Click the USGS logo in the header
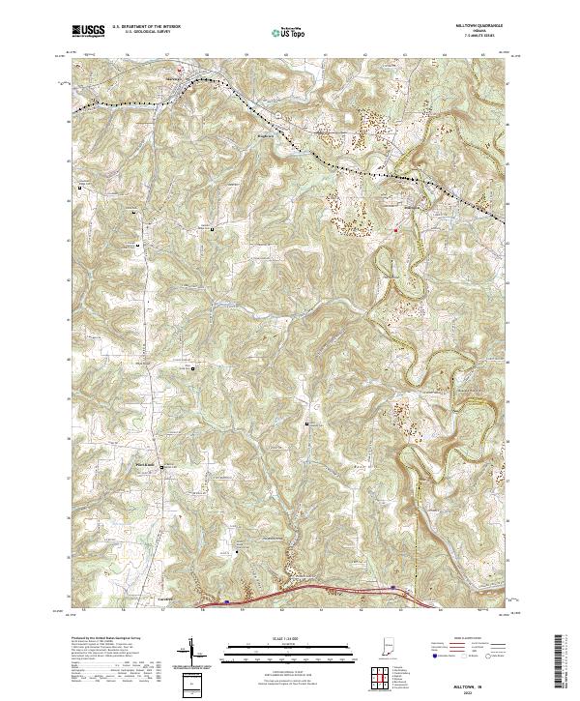point(88,32)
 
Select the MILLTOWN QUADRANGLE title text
point(473,27)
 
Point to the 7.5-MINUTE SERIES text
point(473,38)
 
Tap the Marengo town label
point(174,73)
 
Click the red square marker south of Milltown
point(395,230)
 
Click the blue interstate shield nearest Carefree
point(227,600)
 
